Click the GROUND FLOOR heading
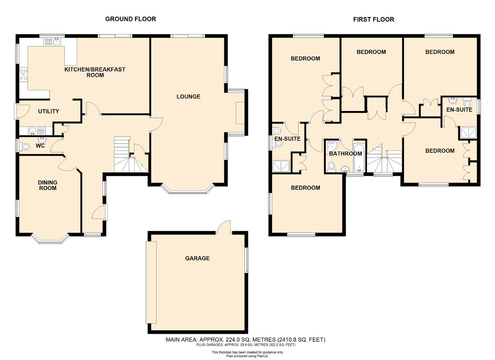(130, 19)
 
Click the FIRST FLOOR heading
(374, 19)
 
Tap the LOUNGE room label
(188, 96)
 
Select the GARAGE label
(197, 258)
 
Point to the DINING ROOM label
(48, 185)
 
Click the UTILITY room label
(49, 111)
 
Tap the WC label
(40, 146)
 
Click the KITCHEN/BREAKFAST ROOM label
(95, 72)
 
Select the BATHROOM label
(346, 154)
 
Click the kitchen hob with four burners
(24, 75)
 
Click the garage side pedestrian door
(224, 227)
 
